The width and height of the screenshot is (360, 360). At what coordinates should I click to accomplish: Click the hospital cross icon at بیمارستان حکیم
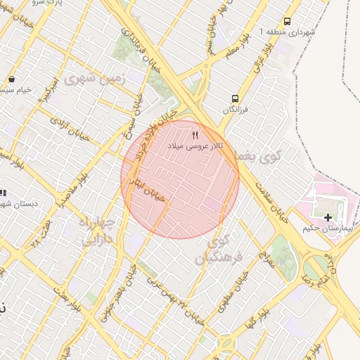tap(328, 217)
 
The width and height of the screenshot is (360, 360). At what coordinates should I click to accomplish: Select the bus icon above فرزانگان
tap(234, 99)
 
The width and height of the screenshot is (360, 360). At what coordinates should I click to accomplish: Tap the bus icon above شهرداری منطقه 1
tap(287, 22)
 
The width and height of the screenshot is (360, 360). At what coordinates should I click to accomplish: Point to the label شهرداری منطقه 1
tap(288, 33)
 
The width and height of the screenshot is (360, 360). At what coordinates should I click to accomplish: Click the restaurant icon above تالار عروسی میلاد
tap(195, 134)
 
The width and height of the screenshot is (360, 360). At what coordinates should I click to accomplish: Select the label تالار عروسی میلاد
tap(195, 146)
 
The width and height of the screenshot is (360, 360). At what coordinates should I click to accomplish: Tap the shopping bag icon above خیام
tap(12, 79)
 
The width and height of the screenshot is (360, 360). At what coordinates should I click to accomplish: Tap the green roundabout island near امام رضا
tap(318, 266)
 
